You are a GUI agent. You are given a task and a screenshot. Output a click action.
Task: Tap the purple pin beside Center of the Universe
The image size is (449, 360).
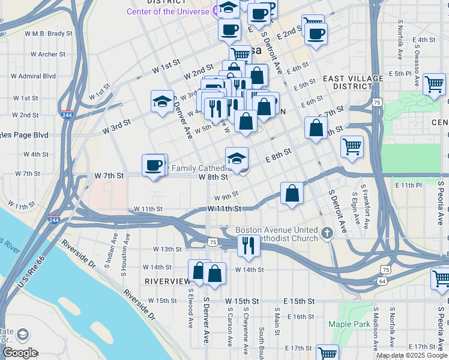point(214,11)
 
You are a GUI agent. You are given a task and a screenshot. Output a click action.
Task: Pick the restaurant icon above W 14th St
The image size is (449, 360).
point(246,244)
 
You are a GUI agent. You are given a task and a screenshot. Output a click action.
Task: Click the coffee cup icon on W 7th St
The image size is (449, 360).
point(154,164)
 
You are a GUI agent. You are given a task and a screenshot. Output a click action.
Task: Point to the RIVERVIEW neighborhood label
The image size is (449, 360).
point(167,281)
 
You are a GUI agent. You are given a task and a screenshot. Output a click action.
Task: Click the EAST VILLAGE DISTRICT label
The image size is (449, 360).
point(353,82)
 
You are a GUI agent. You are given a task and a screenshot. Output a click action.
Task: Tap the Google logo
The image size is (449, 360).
point(20,353)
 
